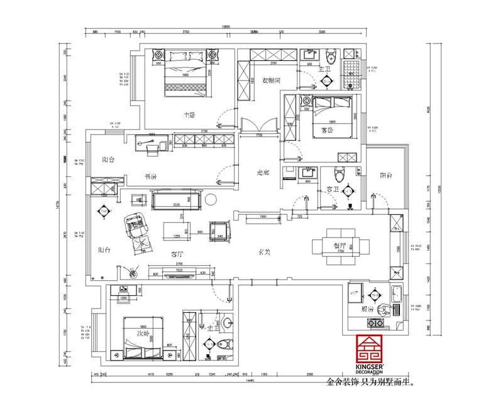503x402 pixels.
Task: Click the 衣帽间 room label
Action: click(x=270, y=81)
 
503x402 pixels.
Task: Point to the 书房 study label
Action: click(x=150, y=177)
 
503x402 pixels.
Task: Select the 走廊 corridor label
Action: click(x=263, y=172)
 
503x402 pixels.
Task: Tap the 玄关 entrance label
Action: click(x=265, y=252)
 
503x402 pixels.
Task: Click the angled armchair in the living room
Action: click(x=134, y=222)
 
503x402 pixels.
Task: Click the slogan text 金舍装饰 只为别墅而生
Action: click(x=371, y=381)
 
